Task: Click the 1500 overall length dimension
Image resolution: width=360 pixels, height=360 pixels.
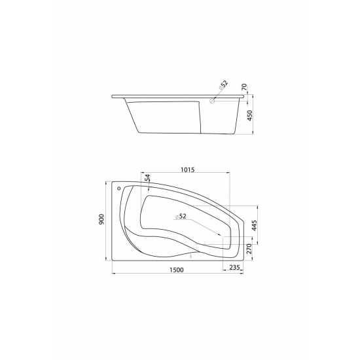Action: [177, 270]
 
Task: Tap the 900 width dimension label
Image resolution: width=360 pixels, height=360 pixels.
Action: [101, 219]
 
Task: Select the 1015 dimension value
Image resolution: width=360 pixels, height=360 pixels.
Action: [188, 170]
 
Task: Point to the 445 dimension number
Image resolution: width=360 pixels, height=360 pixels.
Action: [255, 225]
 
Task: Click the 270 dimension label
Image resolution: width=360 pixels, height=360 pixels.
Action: [249, 249]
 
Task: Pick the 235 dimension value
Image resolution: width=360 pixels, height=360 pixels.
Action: [234, 267]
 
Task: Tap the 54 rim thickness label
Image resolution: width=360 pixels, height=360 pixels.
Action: [148, 177]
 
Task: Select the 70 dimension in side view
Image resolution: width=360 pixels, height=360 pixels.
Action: [244, 87]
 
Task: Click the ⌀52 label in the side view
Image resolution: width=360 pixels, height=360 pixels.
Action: [223, 84]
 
